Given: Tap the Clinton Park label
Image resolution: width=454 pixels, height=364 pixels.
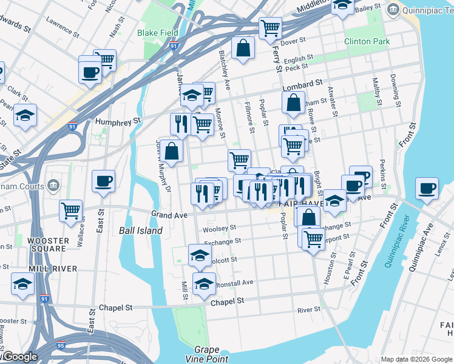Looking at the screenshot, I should (367, 42).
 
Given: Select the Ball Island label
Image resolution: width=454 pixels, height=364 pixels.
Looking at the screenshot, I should (140, 231).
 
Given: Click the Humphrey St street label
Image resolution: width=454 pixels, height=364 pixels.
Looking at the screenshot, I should (118, 121).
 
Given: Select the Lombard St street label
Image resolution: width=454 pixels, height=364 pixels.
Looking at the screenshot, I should (301, 83).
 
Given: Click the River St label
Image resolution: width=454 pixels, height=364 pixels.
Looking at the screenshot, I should (308, 309).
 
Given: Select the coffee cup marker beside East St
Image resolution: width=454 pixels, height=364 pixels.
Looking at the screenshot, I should (103, 180).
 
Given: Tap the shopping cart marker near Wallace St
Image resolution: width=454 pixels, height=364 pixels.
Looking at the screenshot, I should (71, 211).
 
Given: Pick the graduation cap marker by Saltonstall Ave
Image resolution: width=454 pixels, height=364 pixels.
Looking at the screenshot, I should (204, 283).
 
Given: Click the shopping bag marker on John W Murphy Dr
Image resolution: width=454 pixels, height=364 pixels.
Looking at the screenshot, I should (172, 150).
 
